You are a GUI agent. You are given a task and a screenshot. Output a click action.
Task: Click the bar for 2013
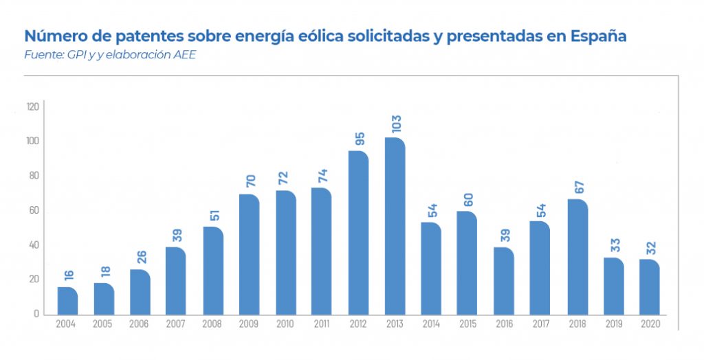[395, 227]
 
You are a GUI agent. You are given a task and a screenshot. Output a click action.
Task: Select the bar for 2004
[67, 301]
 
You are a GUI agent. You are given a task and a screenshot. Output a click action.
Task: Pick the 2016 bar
[504, 281]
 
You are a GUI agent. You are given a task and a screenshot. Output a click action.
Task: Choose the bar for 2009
[249, 255]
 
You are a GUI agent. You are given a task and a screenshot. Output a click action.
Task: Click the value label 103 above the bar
[395, 124]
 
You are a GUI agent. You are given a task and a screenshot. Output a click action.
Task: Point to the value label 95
[359, 139]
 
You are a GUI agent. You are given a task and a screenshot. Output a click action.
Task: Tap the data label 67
[577, 188]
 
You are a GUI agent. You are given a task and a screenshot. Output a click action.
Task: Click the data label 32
[650, 247]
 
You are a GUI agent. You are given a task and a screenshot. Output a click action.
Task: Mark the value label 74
[322, 176]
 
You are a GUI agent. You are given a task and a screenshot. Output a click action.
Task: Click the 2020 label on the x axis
[650, 324]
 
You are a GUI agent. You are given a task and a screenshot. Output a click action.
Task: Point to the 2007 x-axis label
[176, 324]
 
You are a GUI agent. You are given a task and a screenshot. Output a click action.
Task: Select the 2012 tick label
[358, 324]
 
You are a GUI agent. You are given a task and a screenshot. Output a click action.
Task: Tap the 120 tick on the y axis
[32, 106]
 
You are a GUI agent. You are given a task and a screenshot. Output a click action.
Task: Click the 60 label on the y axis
[34, 210]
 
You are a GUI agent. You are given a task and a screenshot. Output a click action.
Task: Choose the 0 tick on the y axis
[36, 314]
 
